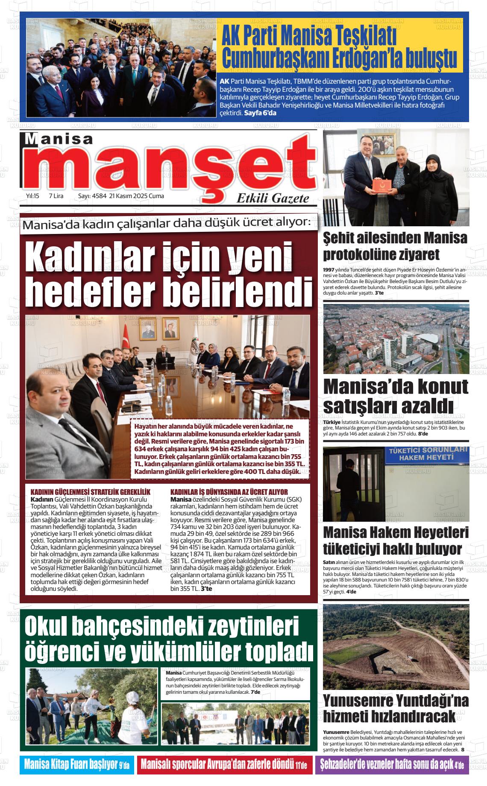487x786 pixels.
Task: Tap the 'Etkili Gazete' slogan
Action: click(273, 198)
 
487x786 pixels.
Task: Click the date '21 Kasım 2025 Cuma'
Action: click(137, 196)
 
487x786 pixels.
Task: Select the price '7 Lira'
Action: click(56, 196)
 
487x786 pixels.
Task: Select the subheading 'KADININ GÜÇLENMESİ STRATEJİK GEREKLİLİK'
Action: click(91, 492)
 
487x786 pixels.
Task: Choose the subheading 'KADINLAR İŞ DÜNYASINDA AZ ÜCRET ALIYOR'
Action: click(229, 492)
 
